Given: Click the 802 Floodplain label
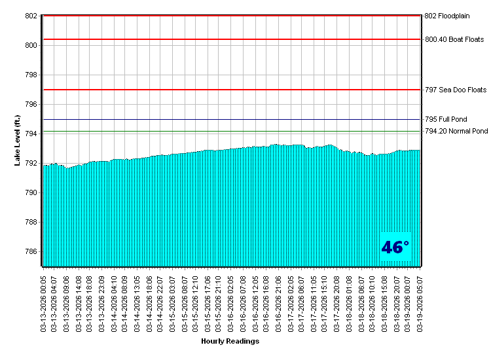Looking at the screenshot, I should click(451, 16).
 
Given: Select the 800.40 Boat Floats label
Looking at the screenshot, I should click(454, 39).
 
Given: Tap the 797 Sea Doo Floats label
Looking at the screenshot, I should click(456, 90).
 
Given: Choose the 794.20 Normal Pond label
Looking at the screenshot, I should click(456, 132).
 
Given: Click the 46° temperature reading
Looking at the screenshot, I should click(395, 247).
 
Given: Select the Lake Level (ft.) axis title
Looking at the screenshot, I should click(18, 141).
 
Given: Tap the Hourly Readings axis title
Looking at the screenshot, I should click(230, 341).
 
